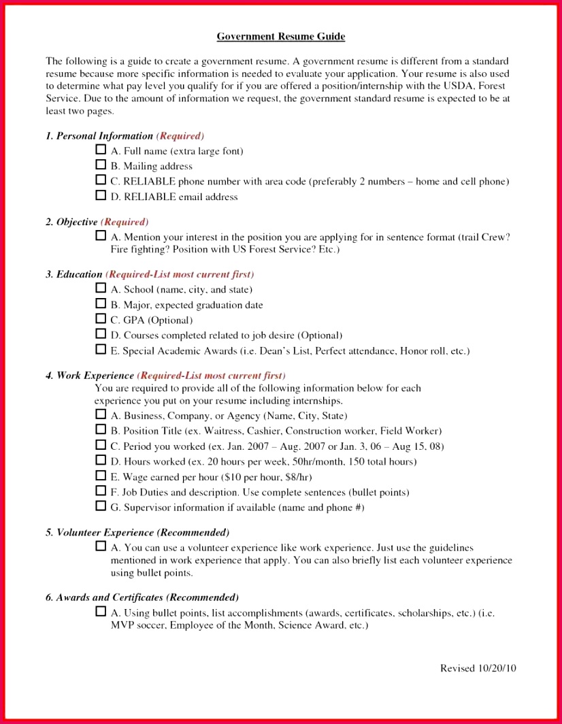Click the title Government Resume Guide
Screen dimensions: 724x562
[280, 36]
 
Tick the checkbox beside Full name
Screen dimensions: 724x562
[101, 150]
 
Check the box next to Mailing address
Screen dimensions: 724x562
[101, 165]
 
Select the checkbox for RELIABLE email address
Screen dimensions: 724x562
[101, 196]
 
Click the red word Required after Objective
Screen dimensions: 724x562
[125, 222]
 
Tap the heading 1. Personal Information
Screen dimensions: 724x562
[99, 136]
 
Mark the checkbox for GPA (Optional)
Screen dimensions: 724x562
[101, 319]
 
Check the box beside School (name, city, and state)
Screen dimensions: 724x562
[101, 289]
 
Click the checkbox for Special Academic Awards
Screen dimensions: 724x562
[101, 350]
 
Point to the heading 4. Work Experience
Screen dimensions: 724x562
[90, 376]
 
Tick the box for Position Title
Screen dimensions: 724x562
[101, 430]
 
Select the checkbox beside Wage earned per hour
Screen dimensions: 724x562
[101, 476]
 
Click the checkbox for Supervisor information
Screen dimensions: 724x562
[101, 506]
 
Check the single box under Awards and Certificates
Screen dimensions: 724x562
[101, 612]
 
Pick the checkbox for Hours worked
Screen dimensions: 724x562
[101, 461]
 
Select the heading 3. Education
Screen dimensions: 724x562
[74, 274]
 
